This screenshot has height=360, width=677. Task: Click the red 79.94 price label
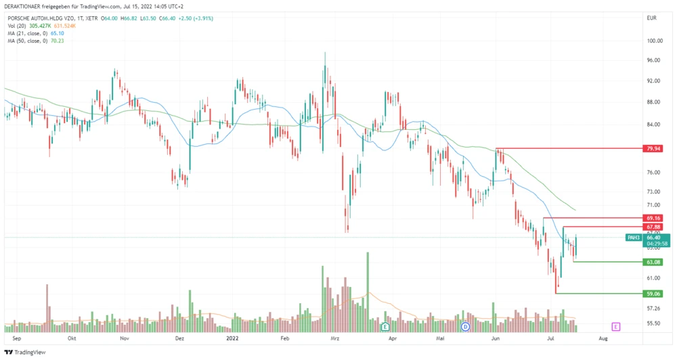(x=653, y=148)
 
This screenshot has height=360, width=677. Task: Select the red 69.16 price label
(x=653, y=219)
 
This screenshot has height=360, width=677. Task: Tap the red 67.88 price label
(x=653, y=227)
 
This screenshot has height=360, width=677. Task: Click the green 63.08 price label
(x=653, y=261)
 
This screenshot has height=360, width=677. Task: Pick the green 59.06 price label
(x=653, y=294)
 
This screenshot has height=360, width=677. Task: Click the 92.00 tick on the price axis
(x=653, y=81)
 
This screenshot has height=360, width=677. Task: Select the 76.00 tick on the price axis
(x=653, y=173)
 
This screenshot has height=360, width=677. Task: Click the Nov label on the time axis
(x=124, y=336)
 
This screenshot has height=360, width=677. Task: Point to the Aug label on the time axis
(x=604, y=336)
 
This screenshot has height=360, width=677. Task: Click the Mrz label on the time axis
(x=334, y=336)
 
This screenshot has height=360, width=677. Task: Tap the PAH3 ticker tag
(x=634, y=238)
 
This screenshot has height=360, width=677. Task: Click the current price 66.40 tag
(x=653, y=238)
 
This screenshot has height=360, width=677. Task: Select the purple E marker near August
(x=616, y=326)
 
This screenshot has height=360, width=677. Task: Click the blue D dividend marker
(x=465, y=326)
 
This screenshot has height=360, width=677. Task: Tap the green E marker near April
(x=385, y=326)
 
